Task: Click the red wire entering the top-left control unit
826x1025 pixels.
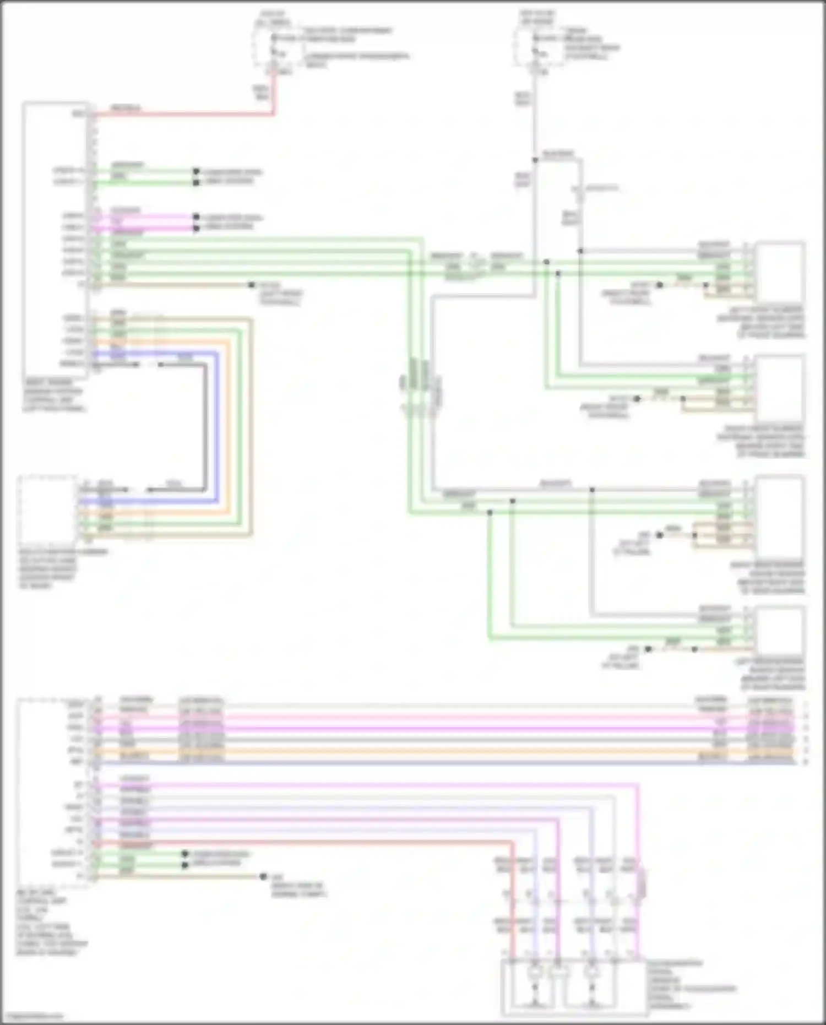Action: pos(182,115)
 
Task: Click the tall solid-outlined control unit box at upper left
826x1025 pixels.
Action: pos(55,240)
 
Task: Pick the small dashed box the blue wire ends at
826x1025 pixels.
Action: pos(47,509)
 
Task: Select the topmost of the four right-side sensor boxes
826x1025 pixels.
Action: pos(780,271)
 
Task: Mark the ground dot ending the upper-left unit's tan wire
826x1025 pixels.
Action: pos(252,285)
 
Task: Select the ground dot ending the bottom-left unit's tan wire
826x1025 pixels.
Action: pos(263,876)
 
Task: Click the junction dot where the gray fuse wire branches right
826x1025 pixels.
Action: pos(535,160)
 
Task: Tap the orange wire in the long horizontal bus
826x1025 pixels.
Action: pos(441,751)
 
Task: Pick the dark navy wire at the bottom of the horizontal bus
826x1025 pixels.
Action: pos(441,762)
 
